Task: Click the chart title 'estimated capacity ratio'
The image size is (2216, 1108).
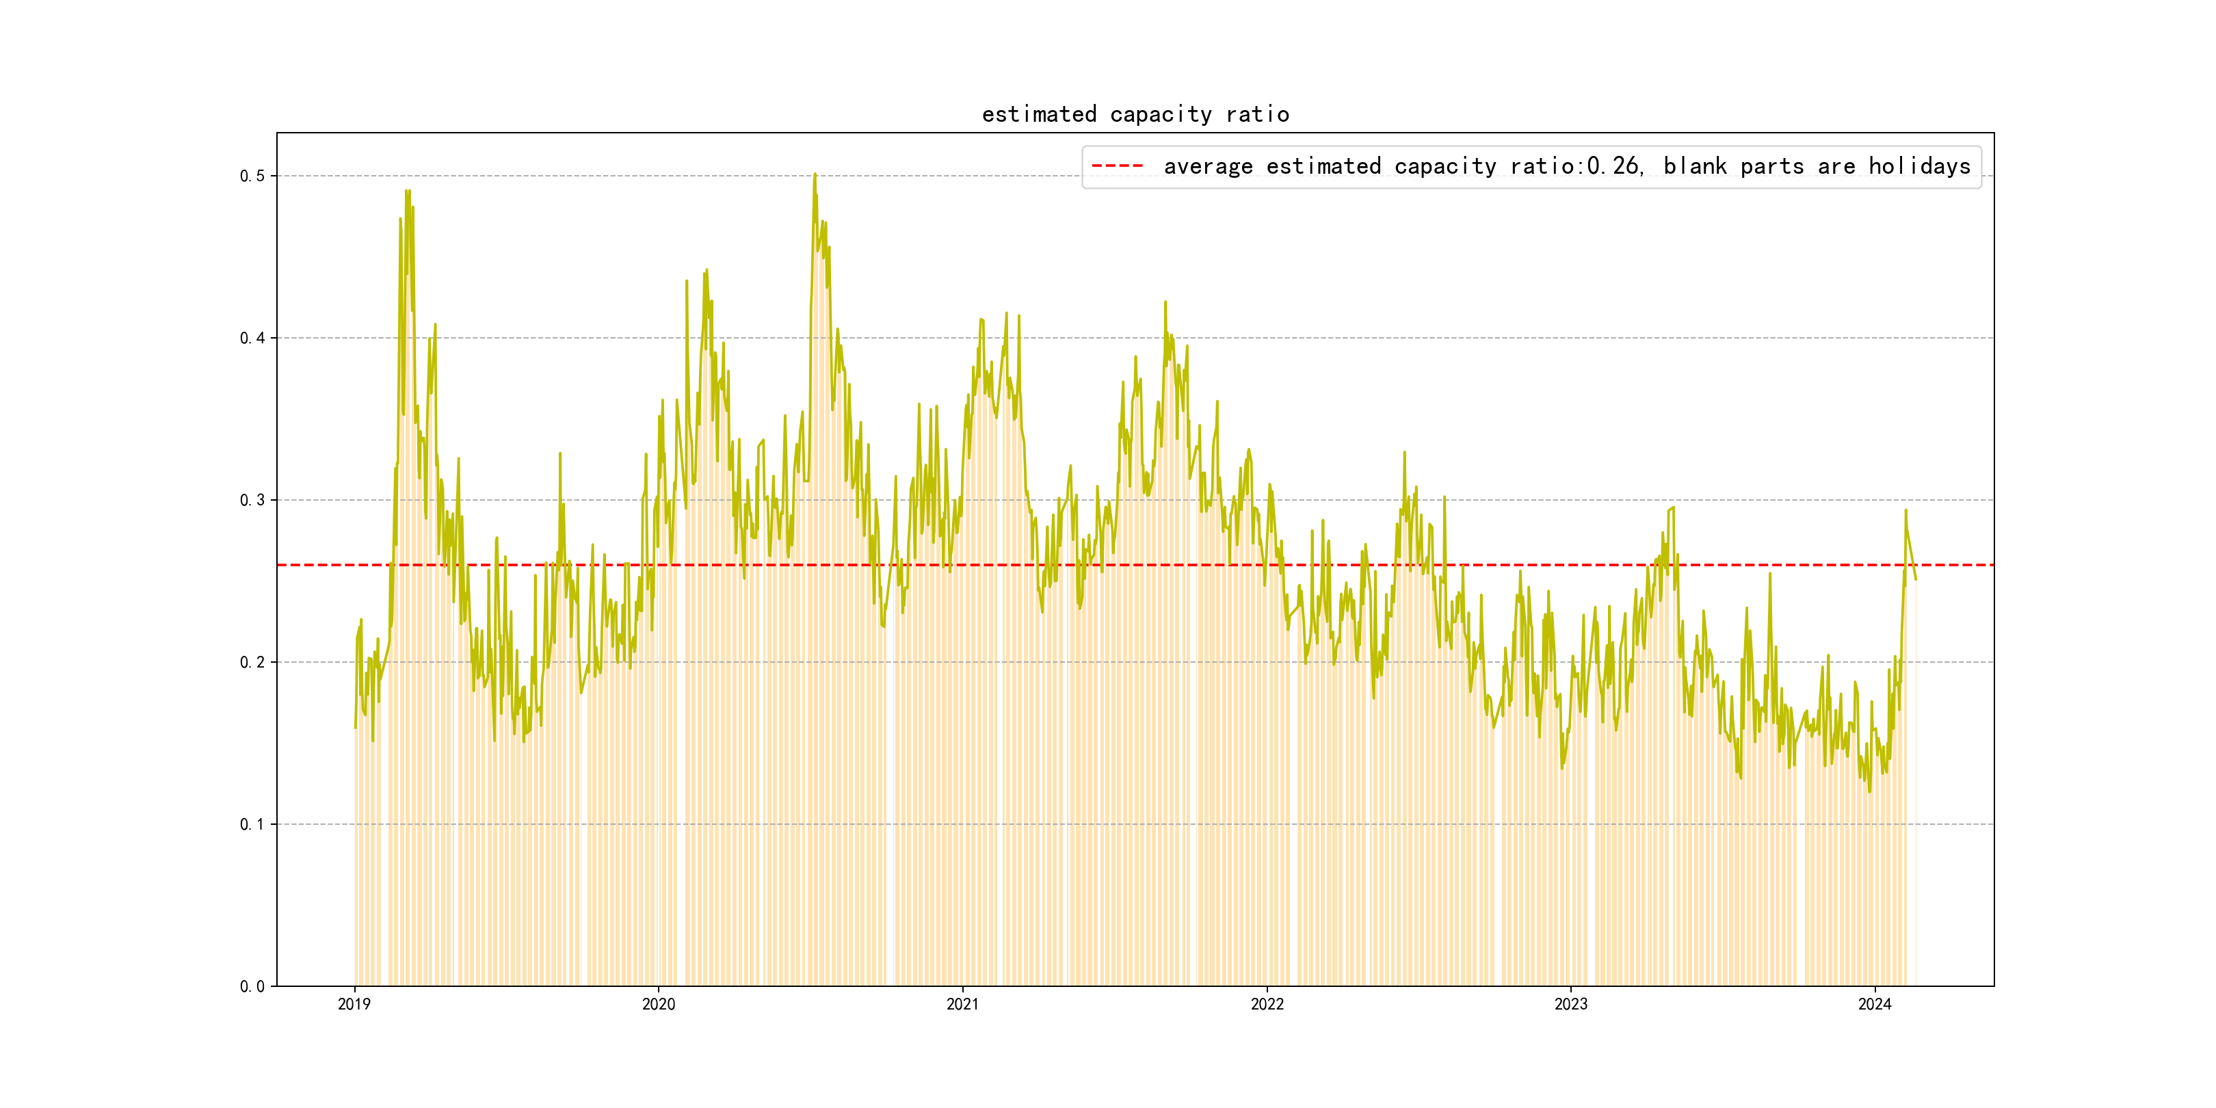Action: click(1135, 114)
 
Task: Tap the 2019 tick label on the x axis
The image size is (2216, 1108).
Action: click(354, 1004)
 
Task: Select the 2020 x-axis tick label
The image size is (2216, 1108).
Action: click(658, 1004)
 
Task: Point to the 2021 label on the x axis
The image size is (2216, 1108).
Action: click(962, 1004)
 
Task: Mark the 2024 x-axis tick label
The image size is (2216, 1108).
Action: click(1875, 1004)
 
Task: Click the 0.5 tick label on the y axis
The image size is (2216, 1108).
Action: click(252, 176)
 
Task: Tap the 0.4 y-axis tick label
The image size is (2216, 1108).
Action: click(252, 338)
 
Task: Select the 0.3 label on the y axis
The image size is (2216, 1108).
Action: click(252, 500)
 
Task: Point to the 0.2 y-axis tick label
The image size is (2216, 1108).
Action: click(252, 662)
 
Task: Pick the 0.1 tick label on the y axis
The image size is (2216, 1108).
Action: click(252, 824)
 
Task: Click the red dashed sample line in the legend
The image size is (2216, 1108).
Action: click(1117, 166)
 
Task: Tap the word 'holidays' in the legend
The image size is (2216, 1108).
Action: click(1919, 166)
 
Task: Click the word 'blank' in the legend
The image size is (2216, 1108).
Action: click(1695, 166)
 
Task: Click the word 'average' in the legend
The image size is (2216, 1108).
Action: click(1208, 166)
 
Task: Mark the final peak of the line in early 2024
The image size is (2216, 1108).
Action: click(1905, 510)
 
